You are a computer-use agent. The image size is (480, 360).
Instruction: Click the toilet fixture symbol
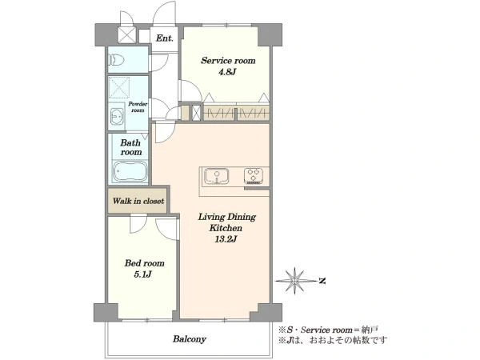click(x=116, y=60)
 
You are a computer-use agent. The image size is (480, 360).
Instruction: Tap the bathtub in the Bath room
click(x=130, y=172)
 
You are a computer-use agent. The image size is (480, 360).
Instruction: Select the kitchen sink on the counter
click(x=217, y=176)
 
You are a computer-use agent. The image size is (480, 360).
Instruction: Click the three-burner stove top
click(x=254, y=176)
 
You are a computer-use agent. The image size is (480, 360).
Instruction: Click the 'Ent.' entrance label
click(x=164, y=38)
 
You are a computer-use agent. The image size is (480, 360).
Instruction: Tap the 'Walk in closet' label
click(x=138, y=201)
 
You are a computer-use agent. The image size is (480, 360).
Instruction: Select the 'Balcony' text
click(x=189, y=339)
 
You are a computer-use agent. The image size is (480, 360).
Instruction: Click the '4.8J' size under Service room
click(x=227, y=72)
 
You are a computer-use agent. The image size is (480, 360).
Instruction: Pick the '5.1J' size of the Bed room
click(x=142, y=274)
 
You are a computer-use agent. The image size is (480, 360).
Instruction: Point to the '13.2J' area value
click(x=226, y=239)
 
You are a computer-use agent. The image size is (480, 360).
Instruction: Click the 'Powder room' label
click(x=138, y=107)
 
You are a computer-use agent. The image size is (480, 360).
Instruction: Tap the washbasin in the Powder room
click(x=116, y=116)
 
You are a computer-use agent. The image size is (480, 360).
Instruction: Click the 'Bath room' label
click(x=131, y=147)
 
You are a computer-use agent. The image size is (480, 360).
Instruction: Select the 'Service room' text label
click(x=228, y=61)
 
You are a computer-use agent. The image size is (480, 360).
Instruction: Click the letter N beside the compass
click(x=322, y=281)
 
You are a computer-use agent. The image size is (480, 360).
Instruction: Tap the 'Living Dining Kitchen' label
click(x=227, y=222)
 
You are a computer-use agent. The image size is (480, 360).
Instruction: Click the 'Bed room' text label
click(x=144, y=263)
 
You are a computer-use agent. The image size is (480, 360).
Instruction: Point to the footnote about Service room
click(x=328, y=330)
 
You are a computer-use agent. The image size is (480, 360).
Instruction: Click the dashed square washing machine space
click(x=118, y=87)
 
